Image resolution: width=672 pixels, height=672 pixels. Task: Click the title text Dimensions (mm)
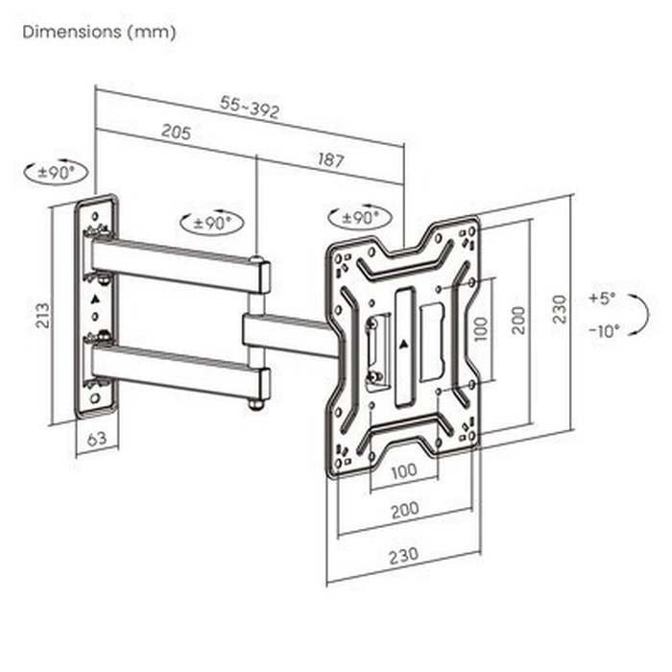pyautogui.click(x=100, y=32)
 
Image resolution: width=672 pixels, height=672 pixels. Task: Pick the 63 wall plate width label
pyautogui.click(x=96, y=441)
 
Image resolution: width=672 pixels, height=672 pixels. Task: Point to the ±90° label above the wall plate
pyautogui.click(x=56, y=174)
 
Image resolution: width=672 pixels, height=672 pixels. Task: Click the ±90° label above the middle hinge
pyautogui.click(x=212, y=222)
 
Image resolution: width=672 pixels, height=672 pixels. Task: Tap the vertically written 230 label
pyautogui.click(x=561, y=308)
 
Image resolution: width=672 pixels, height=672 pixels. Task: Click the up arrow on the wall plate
pyautogui.click(x=95, y=300)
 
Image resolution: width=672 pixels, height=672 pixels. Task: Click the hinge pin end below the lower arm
pyautogui.click(x=256, y=404)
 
